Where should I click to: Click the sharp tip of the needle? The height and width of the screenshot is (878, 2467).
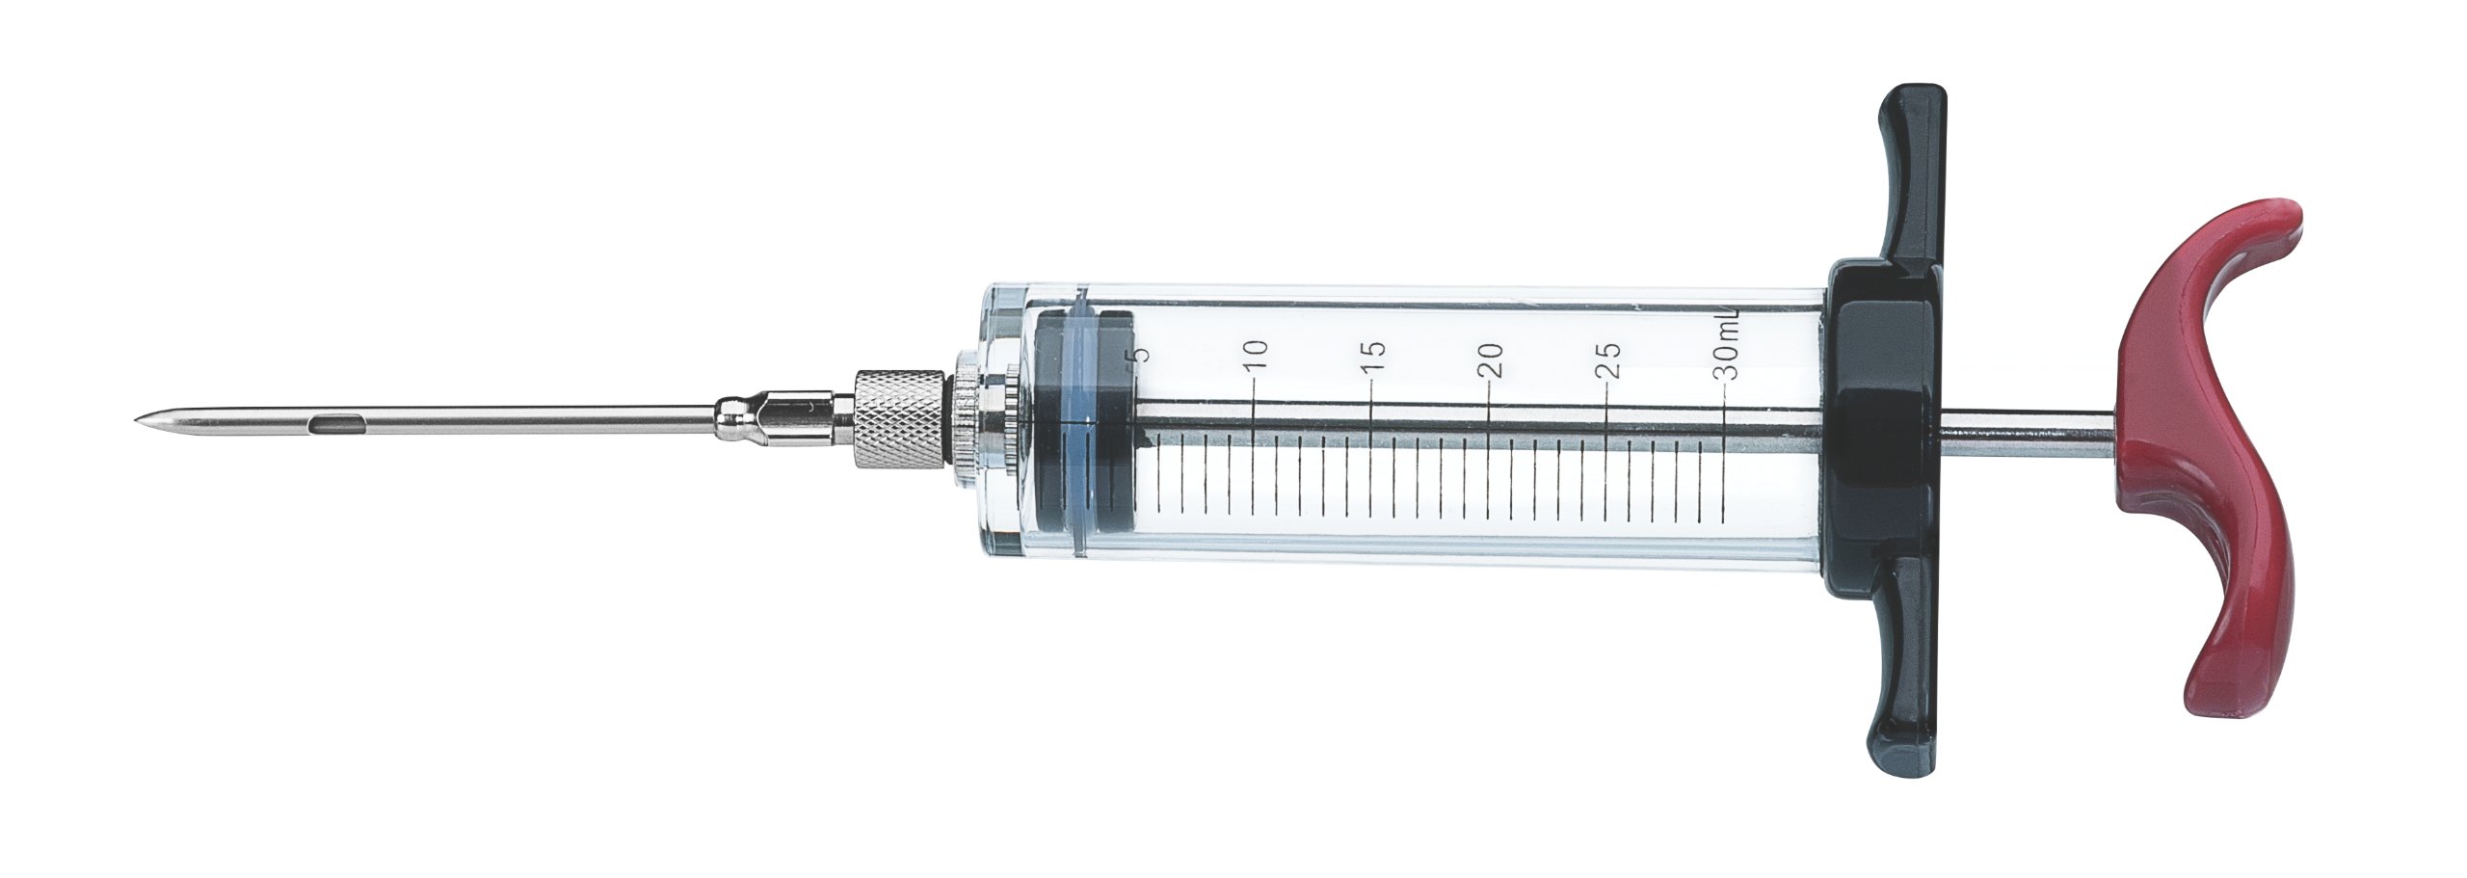pos(138,419)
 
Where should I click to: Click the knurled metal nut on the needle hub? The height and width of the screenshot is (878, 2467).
pos(901,419)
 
